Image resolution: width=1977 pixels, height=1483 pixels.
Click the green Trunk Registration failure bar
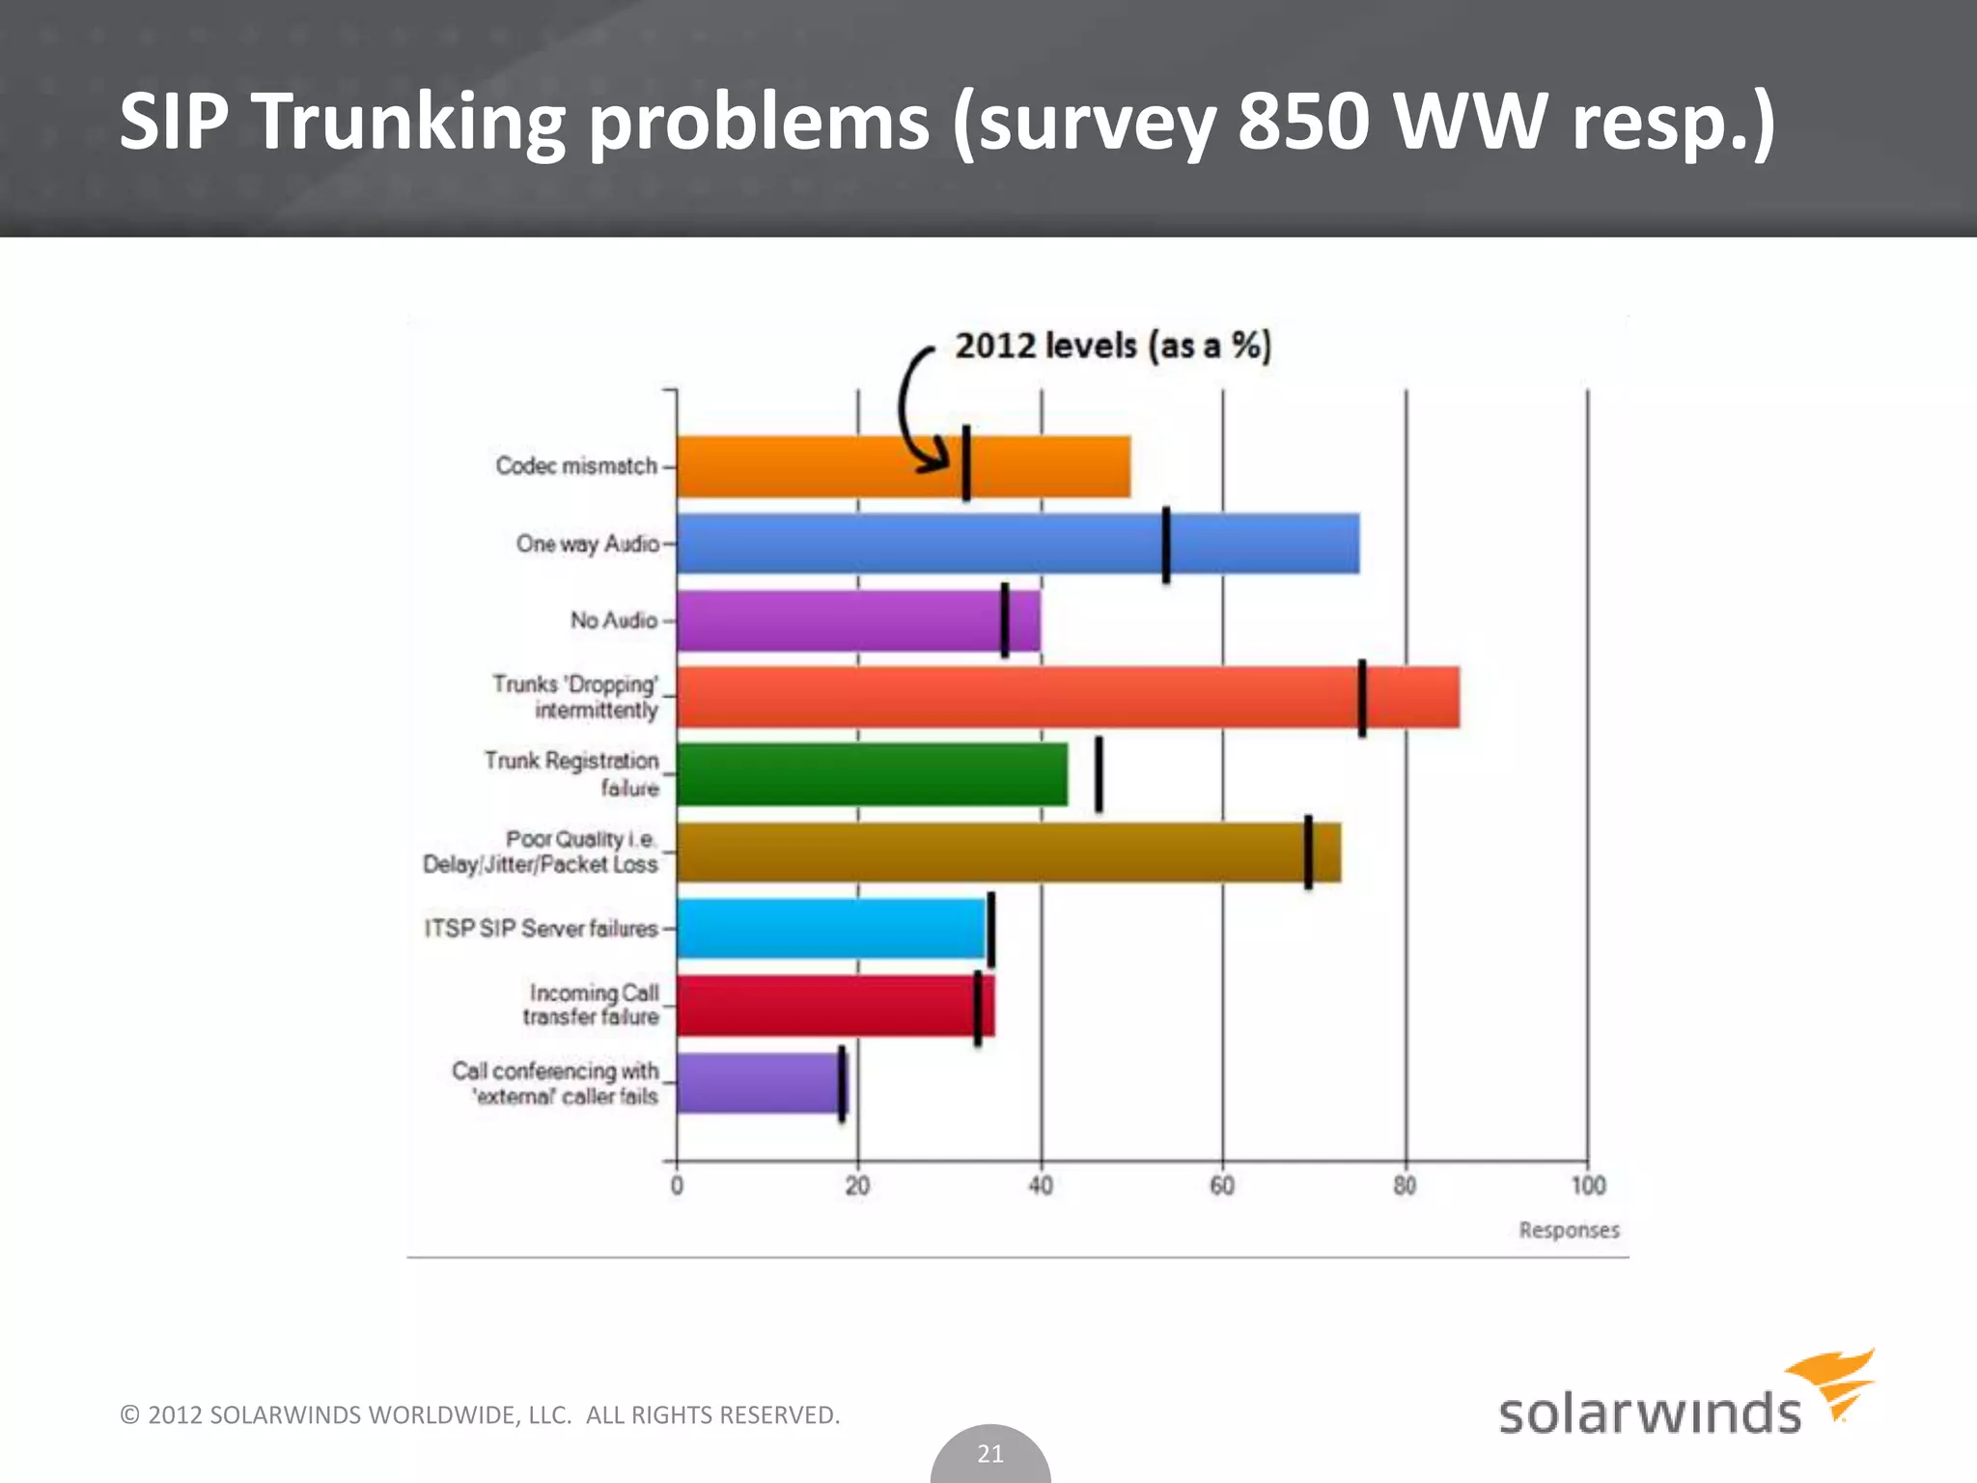tap(872, 774)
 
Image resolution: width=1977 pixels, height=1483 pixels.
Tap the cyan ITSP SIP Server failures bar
tap(830, 929)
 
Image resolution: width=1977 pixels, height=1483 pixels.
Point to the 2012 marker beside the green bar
tap(1099, 774)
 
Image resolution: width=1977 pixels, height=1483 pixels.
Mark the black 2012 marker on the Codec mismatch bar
tap(966, 462)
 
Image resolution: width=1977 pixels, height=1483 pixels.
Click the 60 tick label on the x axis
tap(1222, 1186)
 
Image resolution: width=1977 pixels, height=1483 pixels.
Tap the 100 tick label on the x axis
tap(1588, 1186)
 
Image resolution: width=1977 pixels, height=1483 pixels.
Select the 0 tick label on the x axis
tap(677, 1186)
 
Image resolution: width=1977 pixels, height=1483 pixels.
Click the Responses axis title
tap(1569, 1230)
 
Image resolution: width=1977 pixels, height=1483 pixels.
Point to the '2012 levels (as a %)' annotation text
tap(1113, 346)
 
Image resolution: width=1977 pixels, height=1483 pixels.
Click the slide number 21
tap(990, 1454)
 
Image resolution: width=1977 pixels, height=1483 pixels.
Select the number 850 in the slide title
tap(1303, 122)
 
